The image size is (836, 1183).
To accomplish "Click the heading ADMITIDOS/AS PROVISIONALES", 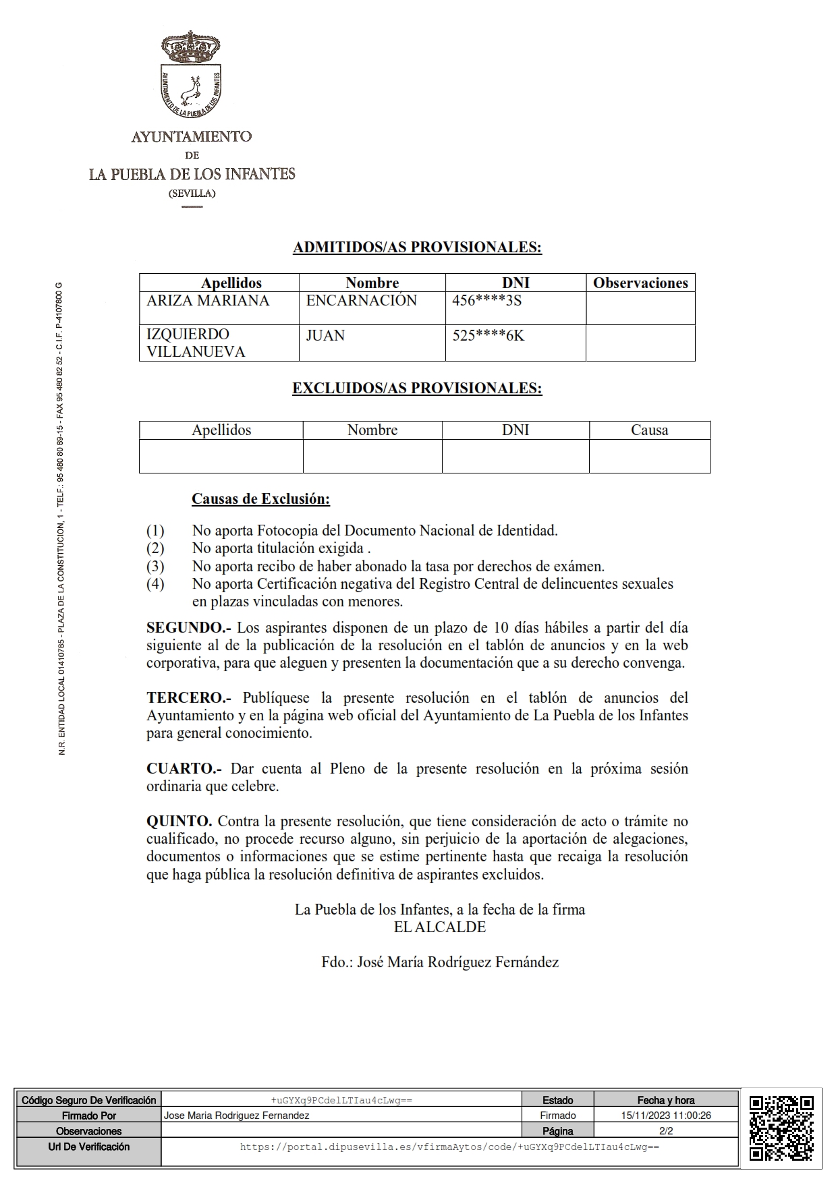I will pyautogui.click(x=417, y=248).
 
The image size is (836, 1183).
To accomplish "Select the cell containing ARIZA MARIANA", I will pyautogui.click(x=208, y=301).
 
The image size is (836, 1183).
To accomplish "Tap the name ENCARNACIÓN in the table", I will pyautogui.click(x=362, y=301).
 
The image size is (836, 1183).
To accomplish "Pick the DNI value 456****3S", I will pyautogui.click(x=486, y=301).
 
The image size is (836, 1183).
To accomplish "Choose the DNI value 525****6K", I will pyautogui.click(x=488, y=335).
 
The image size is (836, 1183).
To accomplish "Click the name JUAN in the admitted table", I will pyautogui.click(x=325, y=335).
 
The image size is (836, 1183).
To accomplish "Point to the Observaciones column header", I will pyautogui.click(x=640, y=283).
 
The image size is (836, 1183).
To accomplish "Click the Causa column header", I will pyautogui.click(x=649, y=430).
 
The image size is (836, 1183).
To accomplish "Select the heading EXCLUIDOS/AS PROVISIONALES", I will pyautogui.click(x=417, y=388).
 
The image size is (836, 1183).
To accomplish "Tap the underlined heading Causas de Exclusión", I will pyautogui.click(x=260, y=499).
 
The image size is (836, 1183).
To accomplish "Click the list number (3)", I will pyautogui.click(x=155, y=567).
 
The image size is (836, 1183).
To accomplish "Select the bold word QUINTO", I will pyautogui.click(x=179, y=821).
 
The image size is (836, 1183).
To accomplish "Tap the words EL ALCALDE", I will pyautogui.click(x=440, y=927).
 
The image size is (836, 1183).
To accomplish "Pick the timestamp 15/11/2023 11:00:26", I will pyautogui.click(x=666, y=1116).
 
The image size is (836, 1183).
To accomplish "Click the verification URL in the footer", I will pyautogui.click(x=449, y=1147).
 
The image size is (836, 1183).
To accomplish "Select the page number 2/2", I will pyautogui.click(x=666, y=1131).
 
